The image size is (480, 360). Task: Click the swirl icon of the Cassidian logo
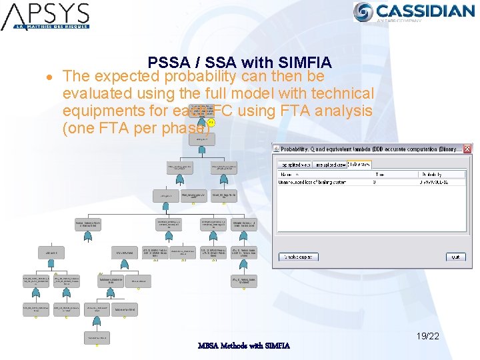pyautogui.click(x=364, y=11)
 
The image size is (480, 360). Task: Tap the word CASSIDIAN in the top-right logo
pyautogui.click(x=425, y=10)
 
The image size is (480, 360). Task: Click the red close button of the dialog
pyautogui.click(x=467, y=150)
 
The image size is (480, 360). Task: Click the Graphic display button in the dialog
pyautogui.click(x=297, y=257)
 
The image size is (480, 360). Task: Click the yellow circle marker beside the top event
pyautogui.click(x=211, y=123)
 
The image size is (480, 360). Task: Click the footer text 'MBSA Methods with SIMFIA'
pyautogui.click(x=243, y=345)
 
